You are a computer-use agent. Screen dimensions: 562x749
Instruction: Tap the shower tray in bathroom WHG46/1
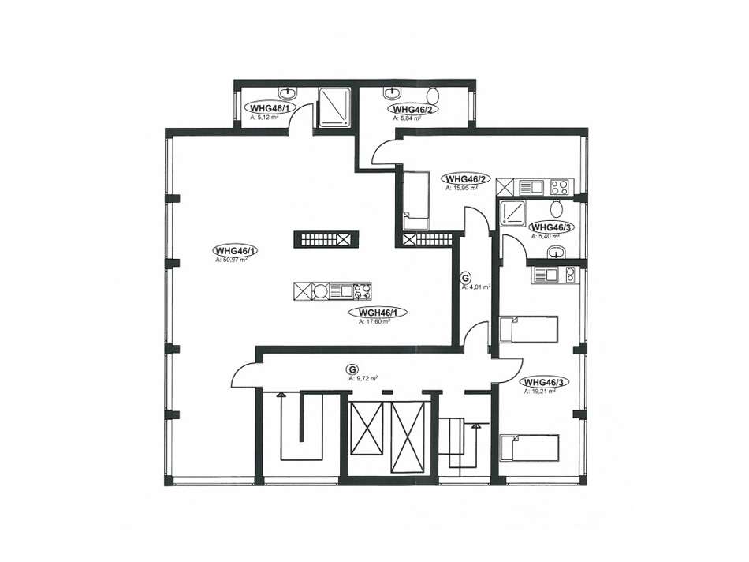point(334,107)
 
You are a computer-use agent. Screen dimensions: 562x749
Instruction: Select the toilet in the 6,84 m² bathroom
point(434,94)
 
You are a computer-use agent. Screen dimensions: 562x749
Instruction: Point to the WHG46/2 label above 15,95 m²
point(467,178)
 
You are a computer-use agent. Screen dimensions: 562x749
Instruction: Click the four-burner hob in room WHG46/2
point(559,187)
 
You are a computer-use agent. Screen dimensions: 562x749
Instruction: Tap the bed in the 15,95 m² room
point(415,201)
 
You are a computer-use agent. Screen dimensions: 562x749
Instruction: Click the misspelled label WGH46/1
point(377,312)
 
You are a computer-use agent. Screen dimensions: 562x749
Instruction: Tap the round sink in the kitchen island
point(322,291)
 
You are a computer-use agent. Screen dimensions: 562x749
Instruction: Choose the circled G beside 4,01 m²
point(465,278)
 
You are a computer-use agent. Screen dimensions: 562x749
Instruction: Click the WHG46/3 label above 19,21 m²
point(545,382)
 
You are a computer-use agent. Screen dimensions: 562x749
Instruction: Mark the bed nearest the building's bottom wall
point(530,448)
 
